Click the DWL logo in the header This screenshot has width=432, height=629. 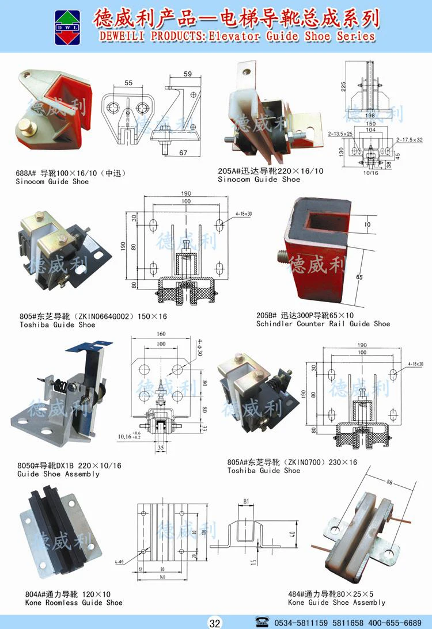pyautogui.click(x=68, y=27)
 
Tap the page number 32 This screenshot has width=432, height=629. pyautogui.click(x=215, y=623)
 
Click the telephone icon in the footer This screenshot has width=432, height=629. pyautogui.click(x=262, y=622)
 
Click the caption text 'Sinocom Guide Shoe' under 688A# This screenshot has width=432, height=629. pyautogui.click(x=52, y=181)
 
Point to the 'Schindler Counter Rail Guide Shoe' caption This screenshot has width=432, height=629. pyautogui.click(x=323, y=323)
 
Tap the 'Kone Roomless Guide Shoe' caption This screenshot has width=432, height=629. pyautogui.click(x=74, y=603)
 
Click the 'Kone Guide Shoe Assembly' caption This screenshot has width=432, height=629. pyautogui.click(x=337, y=602)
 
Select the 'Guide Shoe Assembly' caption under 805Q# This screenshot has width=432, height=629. pyautogui.click(x=58, y=474)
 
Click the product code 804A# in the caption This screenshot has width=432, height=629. pyautogui.click(x=35, y=594)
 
